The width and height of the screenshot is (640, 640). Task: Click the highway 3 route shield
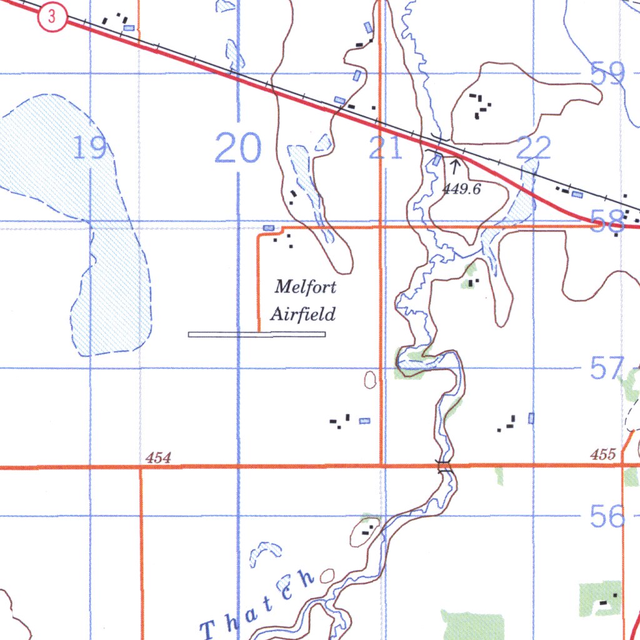52,18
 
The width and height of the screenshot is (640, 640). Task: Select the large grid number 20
238,148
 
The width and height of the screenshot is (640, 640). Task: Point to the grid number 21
385,149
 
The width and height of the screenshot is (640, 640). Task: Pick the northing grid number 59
607,74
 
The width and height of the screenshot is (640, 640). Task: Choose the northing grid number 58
607,221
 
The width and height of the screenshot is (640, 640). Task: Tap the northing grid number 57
607,368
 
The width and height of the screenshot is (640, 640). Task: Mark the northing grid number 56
607,517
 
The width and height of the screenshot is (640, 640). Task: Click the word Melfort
306,288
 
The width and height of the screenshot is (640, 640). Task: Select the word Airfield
303,314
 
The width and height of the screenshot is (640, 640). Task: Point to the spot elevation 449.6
462,189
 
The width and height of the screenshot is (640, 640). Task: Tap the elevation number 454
158,458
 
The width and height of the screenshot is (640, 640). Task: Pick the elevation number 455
602,455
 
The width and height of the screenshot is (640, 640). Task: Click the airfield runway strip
257,335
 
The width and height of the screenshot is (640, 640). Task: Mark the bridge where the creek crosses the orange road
444,466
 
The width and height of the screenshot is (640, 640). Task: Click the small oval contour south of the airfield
371,379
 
